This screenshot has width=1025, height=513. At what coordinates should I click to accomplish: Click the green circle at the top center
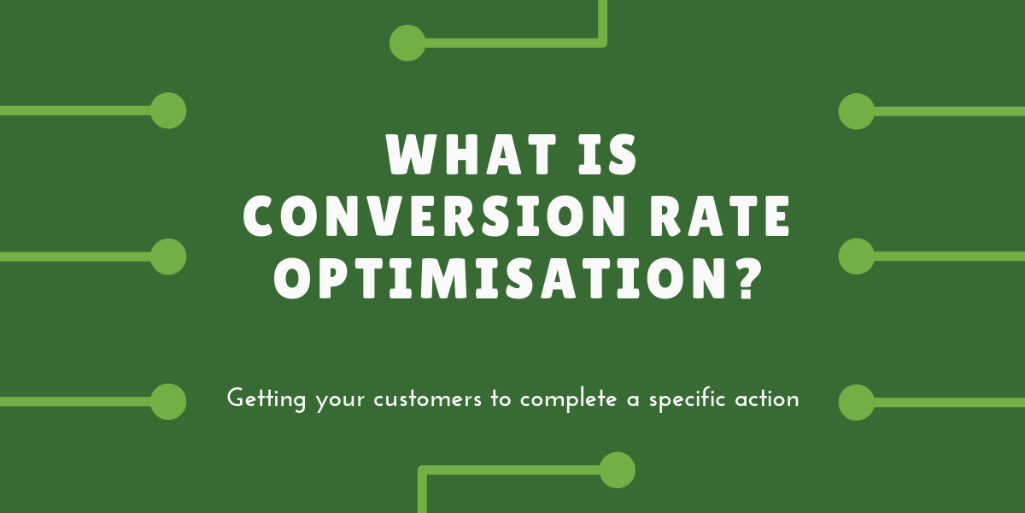407,43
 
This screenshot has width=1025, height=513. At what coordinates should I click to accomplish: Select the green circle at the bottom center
618,470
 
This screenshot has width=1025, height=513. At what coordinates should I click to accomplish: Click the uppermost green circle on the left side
168,111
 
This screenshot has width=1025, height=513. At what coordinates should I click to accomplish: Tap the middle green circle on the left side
168,256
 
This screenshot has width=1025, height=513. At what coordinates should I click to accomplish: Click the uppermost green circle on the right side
857,111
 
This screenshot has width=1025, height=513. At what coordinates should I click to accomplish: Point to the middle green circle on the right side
857,256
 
